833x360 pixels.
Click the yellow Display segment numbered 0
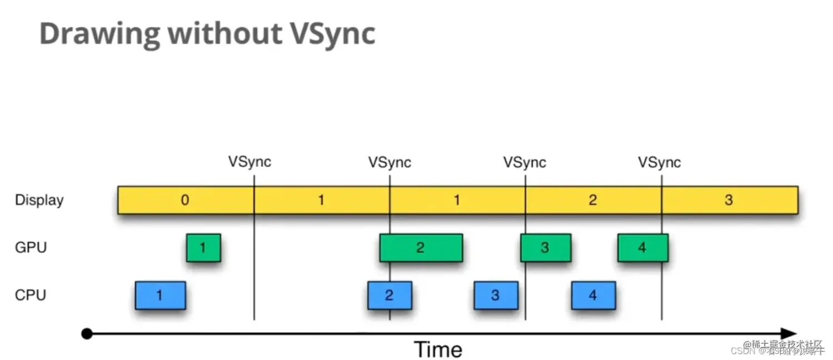185,200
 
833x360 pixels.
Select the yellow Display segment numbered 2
593,200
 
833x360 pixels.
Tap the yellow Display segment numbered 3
729,200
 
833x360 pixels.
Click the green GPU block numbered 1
203,248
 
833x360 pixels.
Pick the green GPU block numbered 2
420,248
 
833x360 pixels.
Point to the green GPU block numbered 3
545,248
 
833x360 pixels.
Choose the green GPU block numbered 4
643,248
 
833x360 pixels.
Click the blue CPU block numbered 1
160,295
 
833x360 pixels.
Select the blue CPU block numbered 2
389,295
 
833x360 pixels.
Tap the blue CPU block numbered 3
495,295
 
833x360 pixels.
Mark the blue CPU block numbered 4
593,295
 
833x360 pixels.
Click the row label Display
39,200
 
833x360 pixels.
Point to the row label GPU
31,248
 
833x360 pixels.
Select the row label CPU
31,295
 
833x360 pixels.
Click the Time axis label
438,349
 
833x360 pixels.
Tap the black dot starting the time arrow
87,334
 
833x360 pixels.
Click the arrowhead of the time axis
789,334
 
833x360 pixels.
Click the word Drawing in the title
99,34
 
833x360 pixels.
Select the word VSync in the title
333,34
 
